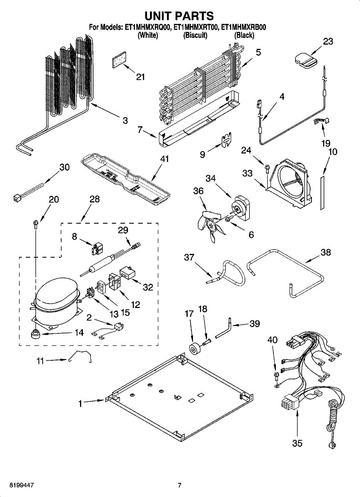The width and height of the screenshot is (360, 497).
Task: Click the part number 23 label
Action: (x=328, y=41)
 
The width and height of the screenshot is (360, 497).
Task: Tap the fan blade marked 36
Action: (x=210, y=226)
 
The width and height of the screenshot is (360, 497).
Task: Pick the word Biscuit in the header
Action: (x=195, y=35)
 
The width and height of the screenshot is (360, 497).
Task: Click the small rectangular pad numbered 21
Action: (x=119, y=60)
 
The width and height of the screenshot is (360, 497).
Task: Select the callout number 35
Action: (x=297, y=443)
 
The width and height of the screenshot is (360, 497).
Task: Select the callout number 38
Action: (x=326, y=252)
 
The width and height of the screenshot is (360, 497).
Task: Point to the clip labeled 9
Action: (x=227, y=140)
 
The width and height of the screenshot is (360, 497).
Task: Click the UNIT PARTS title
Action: (x=179, y=16)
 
